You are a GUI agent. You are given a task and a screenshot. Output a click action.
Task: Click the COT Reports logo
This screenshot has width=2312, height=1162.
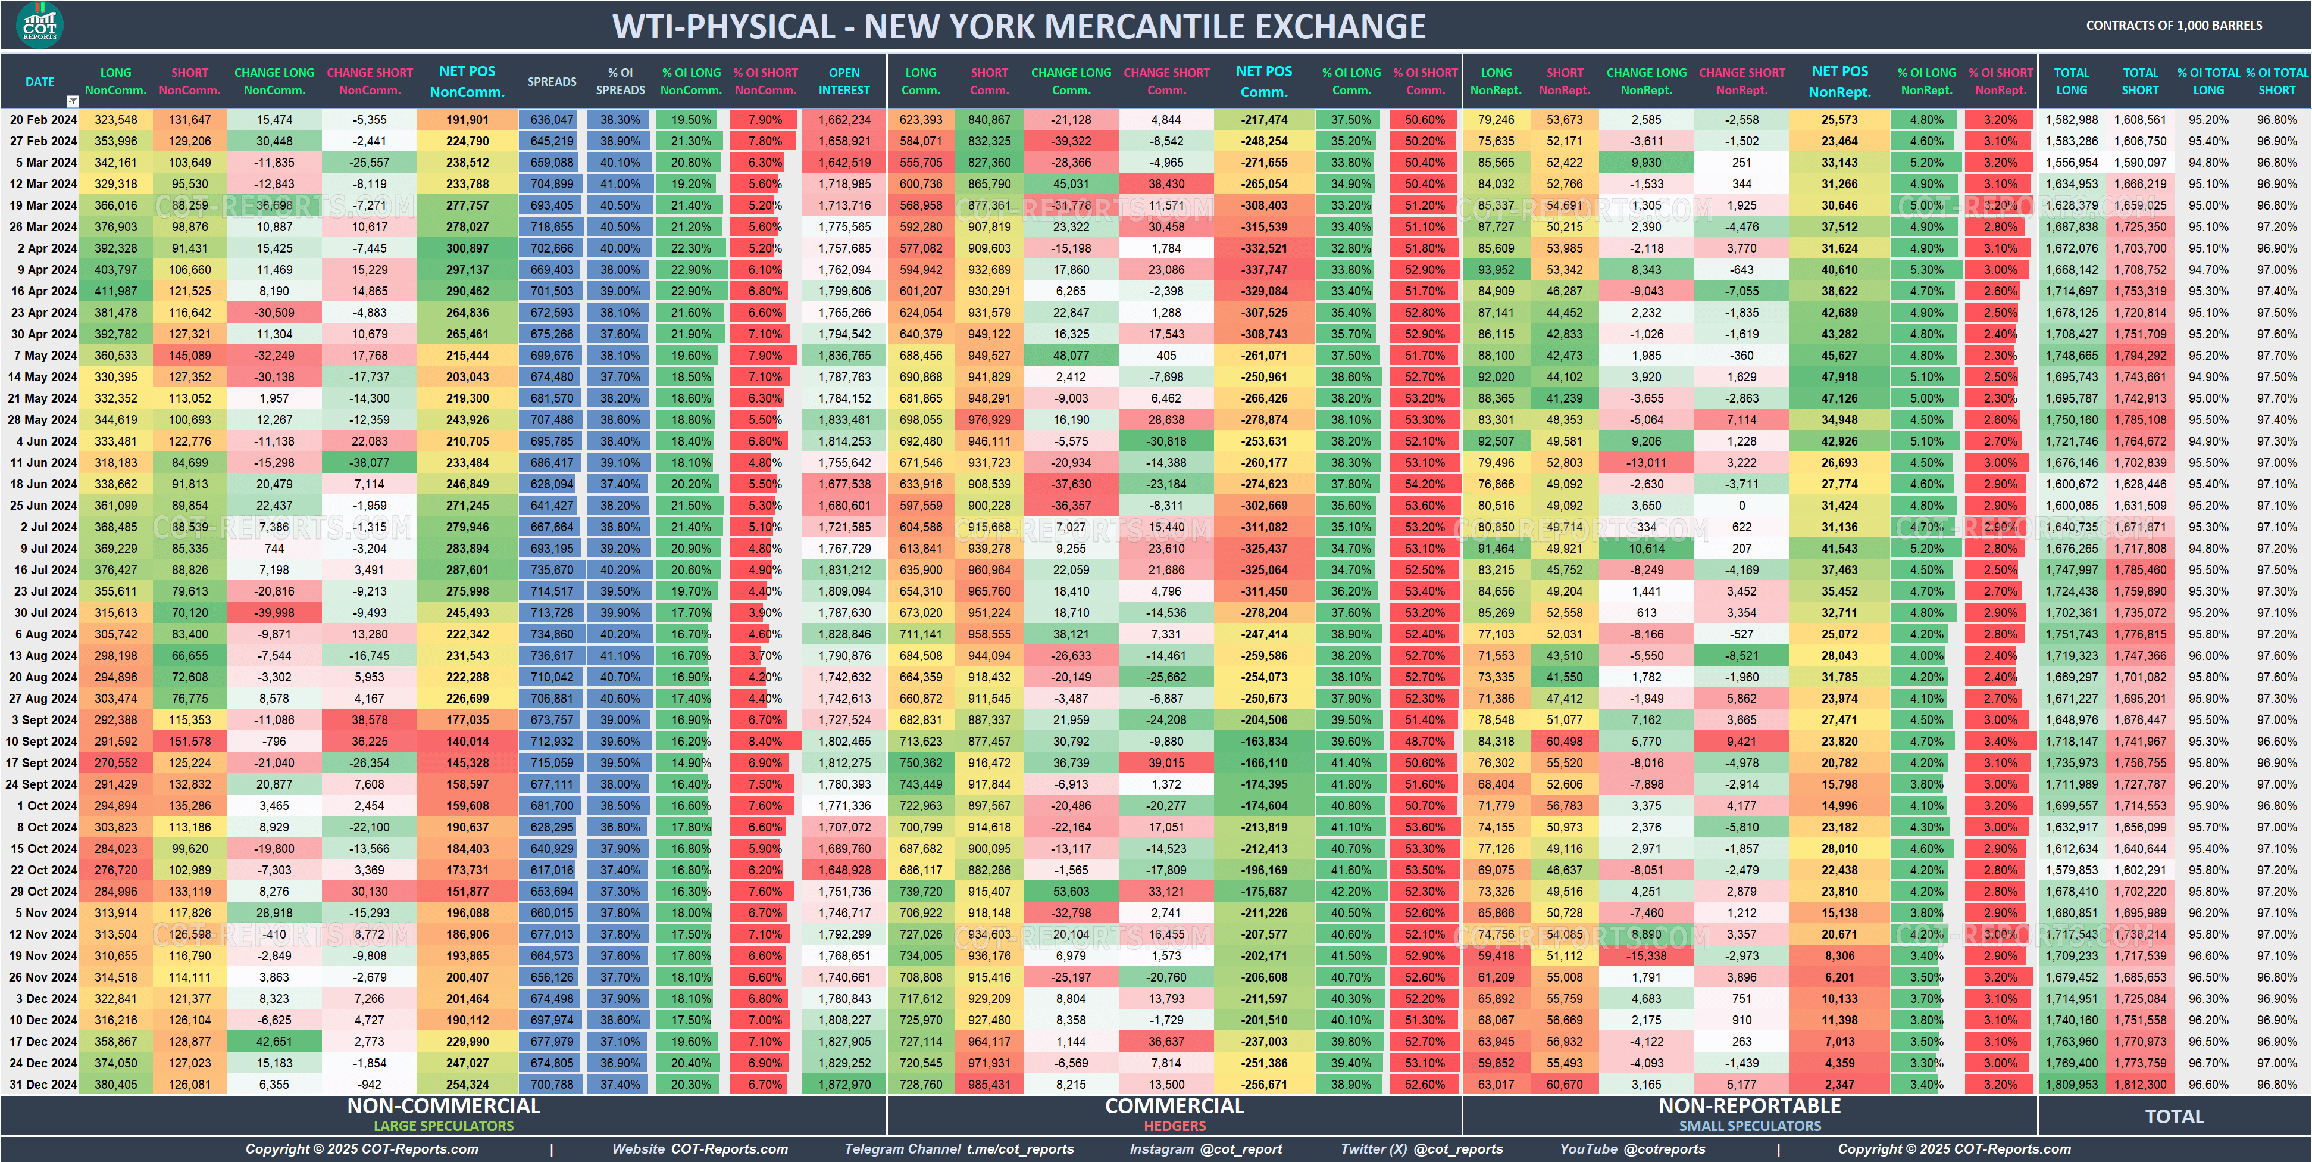tap(39, 24)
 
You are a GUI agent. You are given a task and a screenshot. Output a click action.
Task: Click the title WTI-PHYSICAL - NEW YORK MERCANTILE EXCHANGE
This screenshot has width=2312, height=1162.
tap(1019, 26)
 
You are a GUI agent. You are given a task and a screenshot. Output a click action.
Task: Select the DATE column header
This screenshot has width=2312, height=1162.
tap(39, 82)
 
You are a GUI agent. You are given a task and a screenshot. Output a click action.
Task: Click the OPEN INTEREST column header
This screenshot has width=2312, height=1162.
tap(844, 82)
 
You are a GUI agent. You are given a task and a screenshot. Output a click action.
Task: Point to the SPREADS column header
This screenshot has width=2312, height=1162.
tap(552, 82)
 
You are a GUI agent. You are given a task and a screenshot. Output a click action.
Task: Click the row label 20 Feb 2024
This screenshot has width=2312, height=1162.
tap(43, 120)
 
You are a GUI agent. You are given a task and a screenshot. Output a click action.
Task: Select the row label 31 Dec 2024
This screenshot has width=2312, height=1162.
tap(43, 1084)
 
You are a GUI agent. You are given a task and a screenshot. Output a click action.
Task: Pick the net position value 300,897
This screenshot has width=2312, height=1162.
tap(468, 248)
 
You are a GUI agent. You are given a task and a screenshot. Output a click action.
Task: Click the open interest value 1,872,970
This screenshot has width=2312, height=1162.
tap(844, 1084)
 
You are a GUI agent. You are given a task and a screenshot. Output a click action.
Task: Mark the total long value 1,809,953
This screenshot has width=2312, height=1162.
tap(2072, 1084)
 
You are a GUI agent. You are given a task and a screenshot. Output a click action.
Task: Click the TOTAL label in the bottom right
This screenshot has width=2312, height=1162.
tap(2174, 1116)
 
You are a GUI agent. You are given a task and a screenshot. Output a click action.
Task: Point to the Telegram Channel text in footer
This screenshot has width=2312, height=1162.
tap(959, 1148)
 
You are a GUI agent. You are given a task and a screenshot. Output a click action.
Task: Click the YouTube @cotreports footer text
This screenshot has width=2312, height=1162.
tap(1632, 1148)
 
